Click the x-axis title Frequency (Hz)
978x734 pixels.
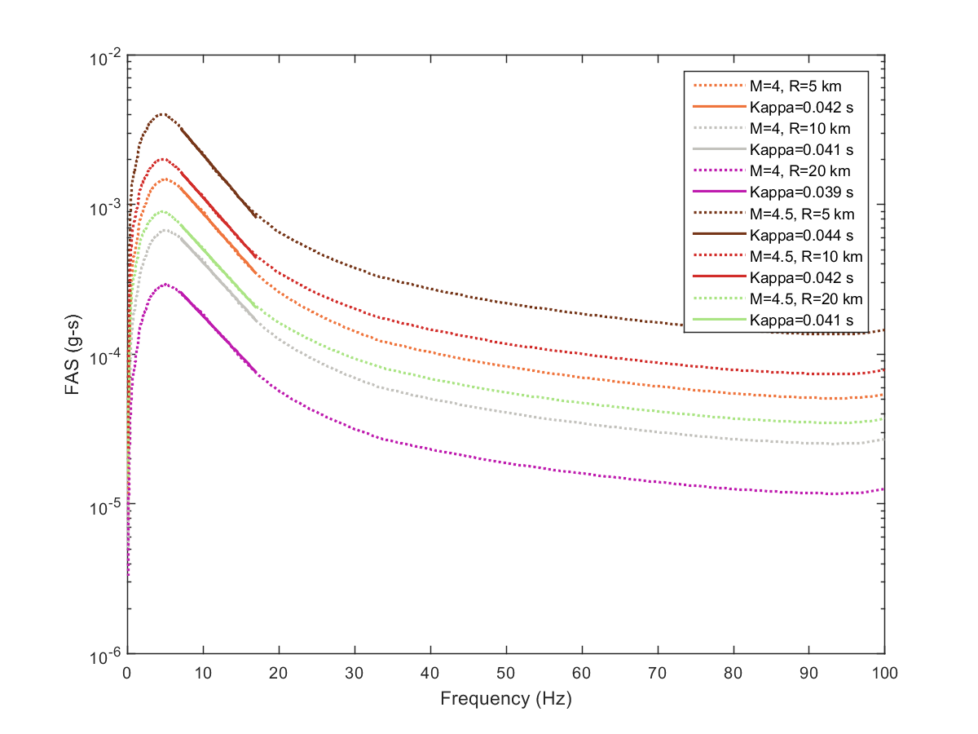(x=505, y=699)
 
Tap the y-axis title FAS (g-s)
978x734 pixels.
(x=73, y=356)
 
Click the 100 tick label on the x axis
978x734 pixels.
(x=885, y=672)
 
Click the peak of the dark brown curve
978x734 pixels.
(x=163, y=114)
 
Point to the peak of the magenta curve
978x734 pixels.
(x=165, y=285)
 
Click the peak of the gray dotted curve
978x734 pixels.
(x=165, y=230)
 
